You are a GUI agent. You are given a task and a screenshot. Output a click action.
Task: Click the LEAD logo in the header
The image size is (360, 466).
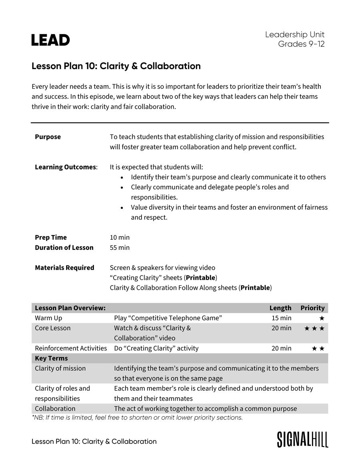pyautogui.click(x=50, y=40)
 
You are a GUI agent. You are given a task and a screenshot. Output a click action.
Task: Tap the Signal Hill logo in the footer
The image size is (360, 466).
pyautogui.click(x=302, y=439)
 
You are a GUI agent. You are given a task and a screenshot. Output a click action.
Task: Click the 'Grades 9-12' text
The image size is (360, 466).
pyautogui.click(x=301, y=44)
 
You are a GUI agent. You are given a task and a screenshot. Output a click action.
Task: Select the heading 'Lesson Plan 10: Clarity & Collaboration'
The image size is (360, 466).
pyautogui.click(x=116, y=66)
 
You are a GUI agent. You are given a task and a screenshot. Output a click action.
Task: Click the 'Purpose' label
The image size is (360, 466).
pyautogui.click(x=48, y=137)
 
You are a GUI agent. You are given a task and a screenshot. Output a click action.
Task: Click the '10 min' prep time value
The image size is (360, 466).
pyautogui.click(x=120, y=237)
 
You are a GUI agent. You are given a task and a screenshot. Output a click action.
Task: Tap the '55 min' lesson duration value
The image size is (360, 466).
pyautogui.click(x=120, y=247)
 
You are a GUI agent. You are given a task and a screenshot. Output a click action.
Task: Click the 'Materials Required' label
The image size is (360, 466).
pyautogui.click(x=64, y=268)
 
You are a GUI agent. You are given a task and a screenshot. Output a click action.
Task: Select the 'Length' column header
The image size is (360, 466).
pyautogui.click(x=280, y=308)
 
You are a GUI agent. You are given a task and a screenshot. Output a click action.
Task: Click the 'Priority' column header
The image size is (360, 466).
pyautogui.click(x=312, y=308)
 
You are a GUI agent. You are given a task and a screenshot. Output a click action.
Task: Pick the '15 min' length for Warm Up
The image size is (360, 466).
pyautogui.click(x=281, y=318)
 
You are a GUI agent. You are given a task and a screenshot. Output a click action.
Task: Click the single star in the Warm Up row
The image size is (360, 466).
pyautogui.click(x=322, y=319)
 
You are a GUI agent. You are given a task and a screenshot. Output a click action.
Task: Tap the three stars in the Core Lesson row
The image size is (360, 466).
pyautogui.click(x=314, y=329)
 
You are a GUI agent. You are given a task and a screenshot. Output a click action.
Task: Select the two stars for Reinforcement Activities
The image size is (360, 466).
pyautogui.click(x=318, y=349)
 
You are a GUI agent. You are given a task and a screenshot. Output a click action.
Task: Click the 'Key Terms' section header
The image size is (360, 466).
pyautogui.click(x=51, y=358)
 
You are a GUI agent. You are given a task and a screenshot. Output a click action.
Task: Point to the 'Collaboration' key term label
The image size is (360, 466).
pyautogui.click(x=55, y=408)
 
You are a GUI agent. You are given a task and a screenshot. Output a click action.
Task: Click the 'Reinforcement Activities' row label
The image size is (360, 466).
pyautogui.click(x=71, y=349)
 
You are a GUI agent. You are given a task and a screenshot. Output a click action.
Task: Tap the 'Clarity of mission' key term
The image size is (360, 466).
pyautogui.click(x=60, y=368)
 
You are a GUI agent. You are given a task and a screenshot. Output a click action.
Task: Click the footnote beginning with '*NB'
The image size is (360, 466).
pyautogui.click(x=137, y=418)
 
